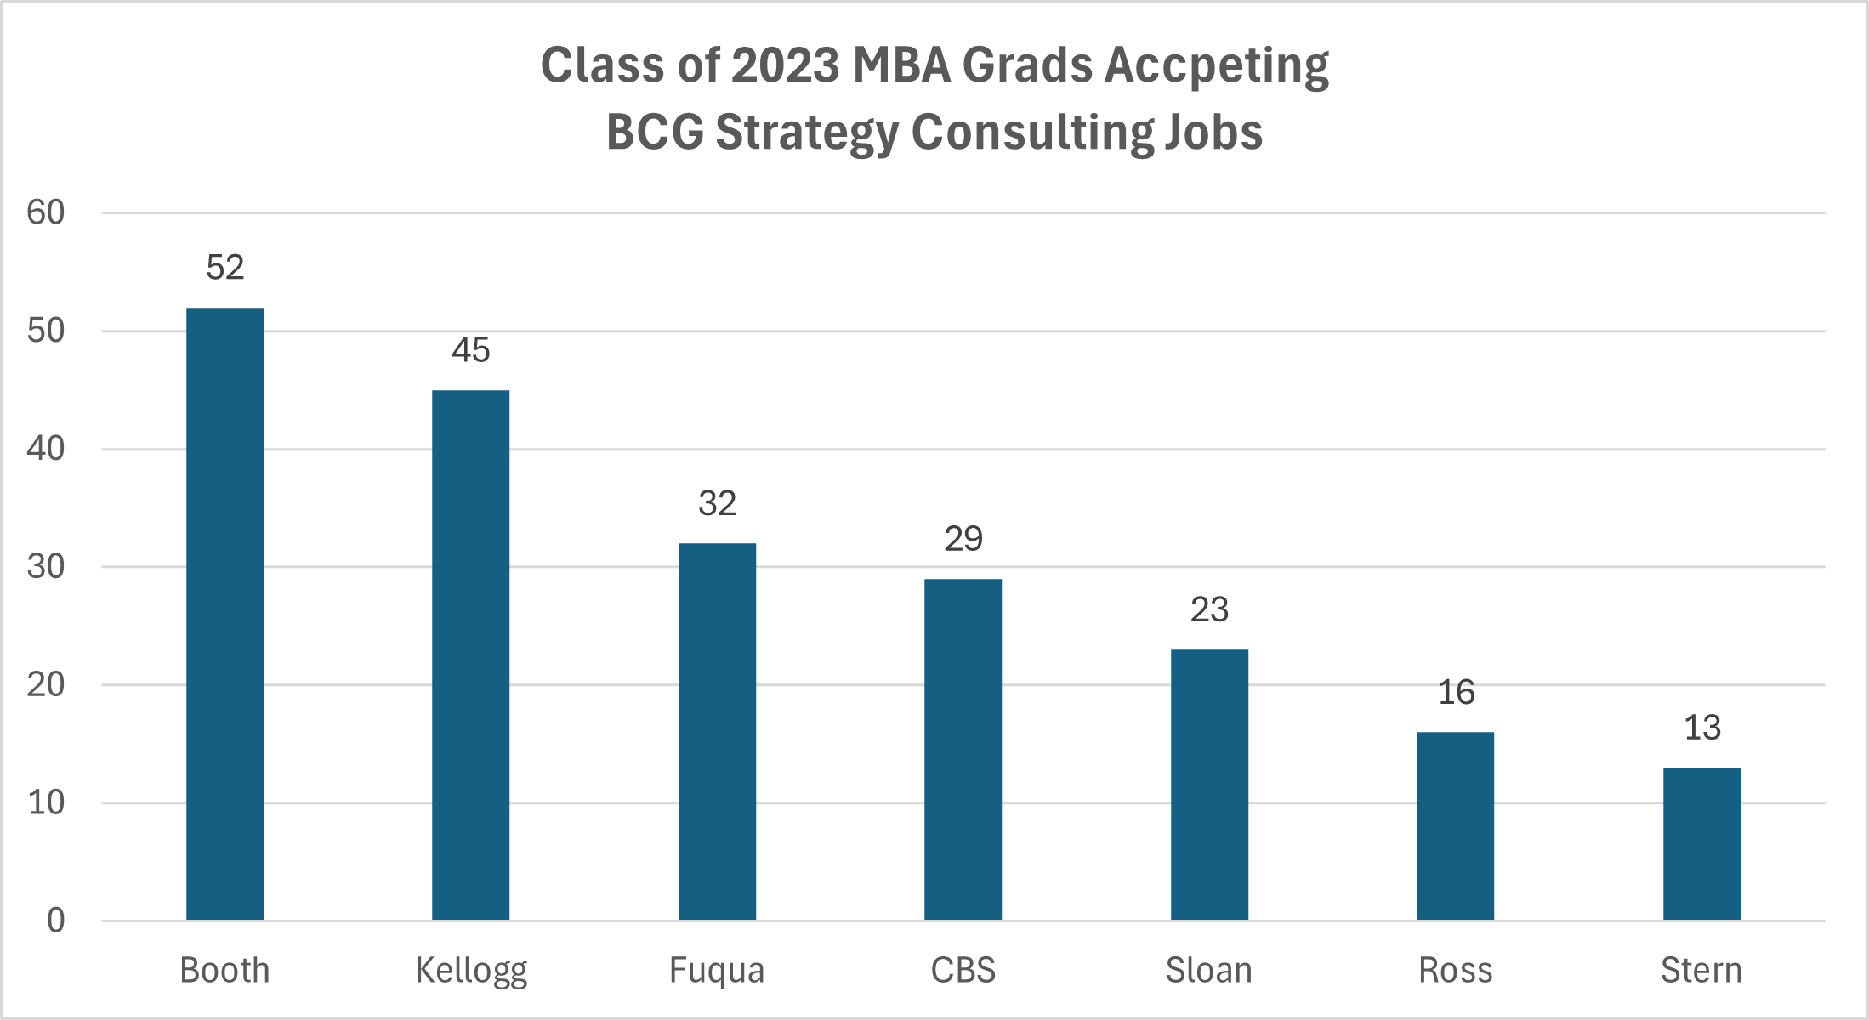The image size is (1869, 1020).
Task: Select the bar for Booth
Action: click(224, 613)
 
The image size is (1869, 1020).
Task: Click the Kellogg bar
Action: click(470, 654)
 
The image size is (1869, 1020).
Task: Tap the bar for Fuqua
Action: click(717, 731)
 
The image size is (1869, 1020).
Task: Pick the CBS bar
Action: click(963, 749)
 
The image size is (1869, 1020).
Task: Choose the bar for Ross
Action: click(1455, 825)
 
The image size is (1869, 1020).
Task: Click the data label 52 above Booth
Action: click(224, 268)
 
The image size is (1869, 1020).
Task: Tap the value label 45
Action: click(470, 350)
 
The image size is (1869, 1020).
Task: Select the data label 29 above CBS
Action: click(963, 539)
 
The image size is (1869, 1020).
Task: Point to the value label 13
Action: click(1701, 728)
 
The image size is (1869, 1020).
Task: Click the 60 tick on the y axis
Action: click(46, 212)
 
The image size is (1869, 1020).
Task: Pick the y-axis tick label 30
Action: click(46, 567)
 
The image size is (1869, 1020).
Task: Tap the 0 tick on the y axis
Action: click(55, 921)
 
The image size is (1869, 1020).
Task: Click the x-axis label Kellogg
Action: click(470, 971)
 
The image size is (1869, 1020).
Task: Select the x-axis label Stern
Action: click(1701, 971)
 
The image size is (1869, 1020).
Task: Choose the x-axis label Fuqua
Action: click(717, 971)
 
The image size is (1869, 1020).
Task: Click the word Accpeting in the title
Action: click(1216, 66)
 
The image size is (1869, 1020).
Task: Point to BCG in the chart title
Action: click(655, 133)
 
